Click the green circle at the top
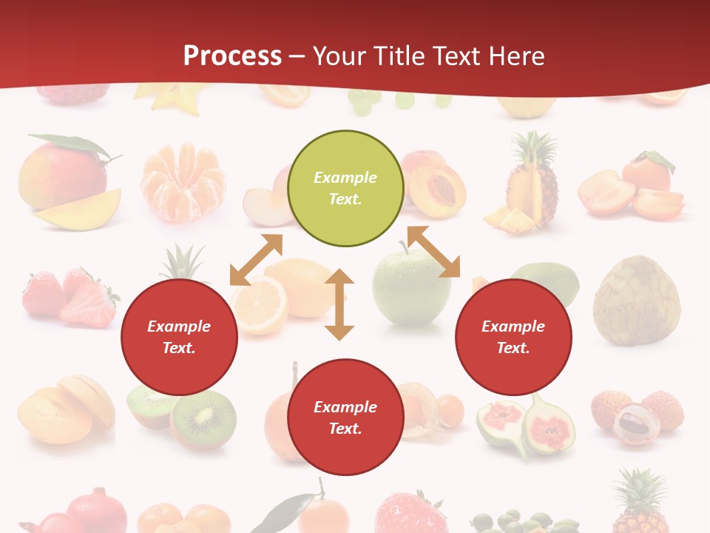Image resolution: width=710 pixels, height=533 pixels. point(345,188)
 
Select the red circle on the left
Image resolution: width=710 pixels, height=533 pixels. point(179,337)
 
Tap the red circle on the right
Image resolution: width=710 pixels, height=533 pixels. point(513,337)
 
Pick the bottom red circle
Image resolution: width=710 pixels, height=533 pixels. point(345,418)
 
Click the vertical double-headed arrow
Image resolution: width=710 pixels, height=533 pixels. point(339,304)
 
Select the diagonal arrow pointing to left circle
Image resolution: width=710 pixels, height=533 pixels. point(256,259)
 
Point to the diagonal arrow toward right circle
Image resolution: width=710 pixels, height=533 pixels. point(433,252)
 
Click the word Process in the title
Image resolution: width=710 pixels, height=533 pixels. point(232,56)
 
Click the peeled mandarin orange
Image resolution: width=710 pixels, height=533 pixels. point(182,181)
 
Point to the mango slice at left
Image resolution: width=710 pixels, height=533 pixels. point(78,210)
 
